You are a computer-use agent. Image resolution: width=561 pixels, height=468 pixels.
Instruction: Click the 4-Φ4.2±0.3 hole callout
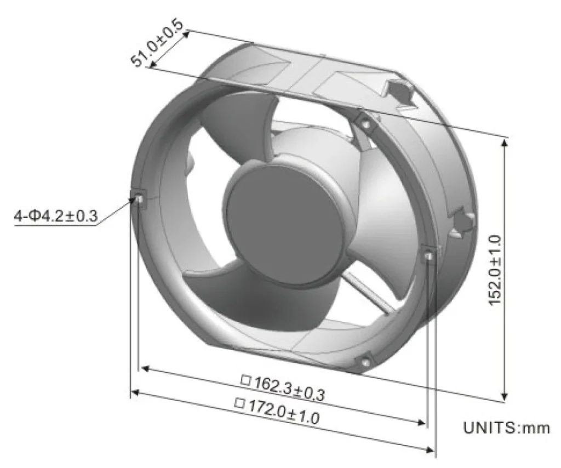(55, 216)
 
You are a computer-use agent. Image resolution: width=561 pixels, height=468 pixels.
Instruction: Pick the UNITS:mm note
(506, 427)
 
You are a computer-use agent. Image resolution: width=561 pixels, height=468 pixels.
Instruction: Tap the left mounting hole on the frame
(139, 197)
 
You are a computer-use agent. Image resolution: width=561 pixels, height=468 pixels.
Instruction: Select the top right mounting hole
(365, 123)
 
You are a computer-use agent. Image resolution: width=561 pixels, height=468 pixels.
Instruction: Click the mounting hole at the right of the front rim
(428, 255)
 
